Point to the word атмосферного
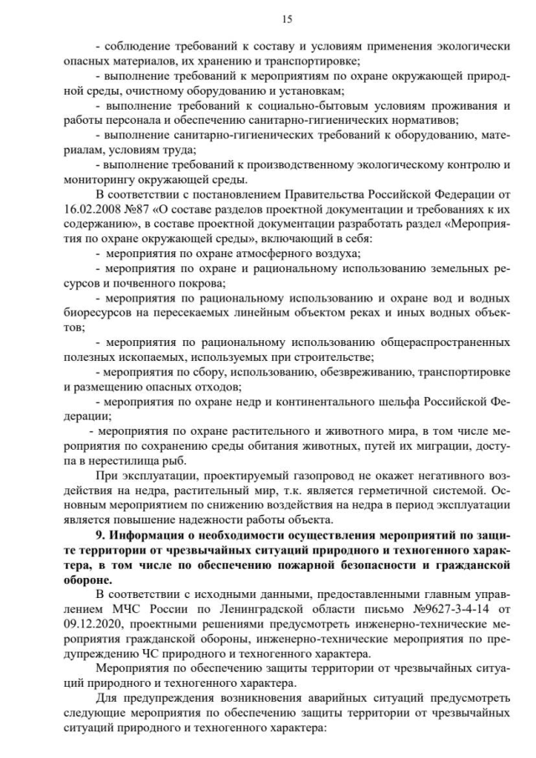[250, 253]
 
